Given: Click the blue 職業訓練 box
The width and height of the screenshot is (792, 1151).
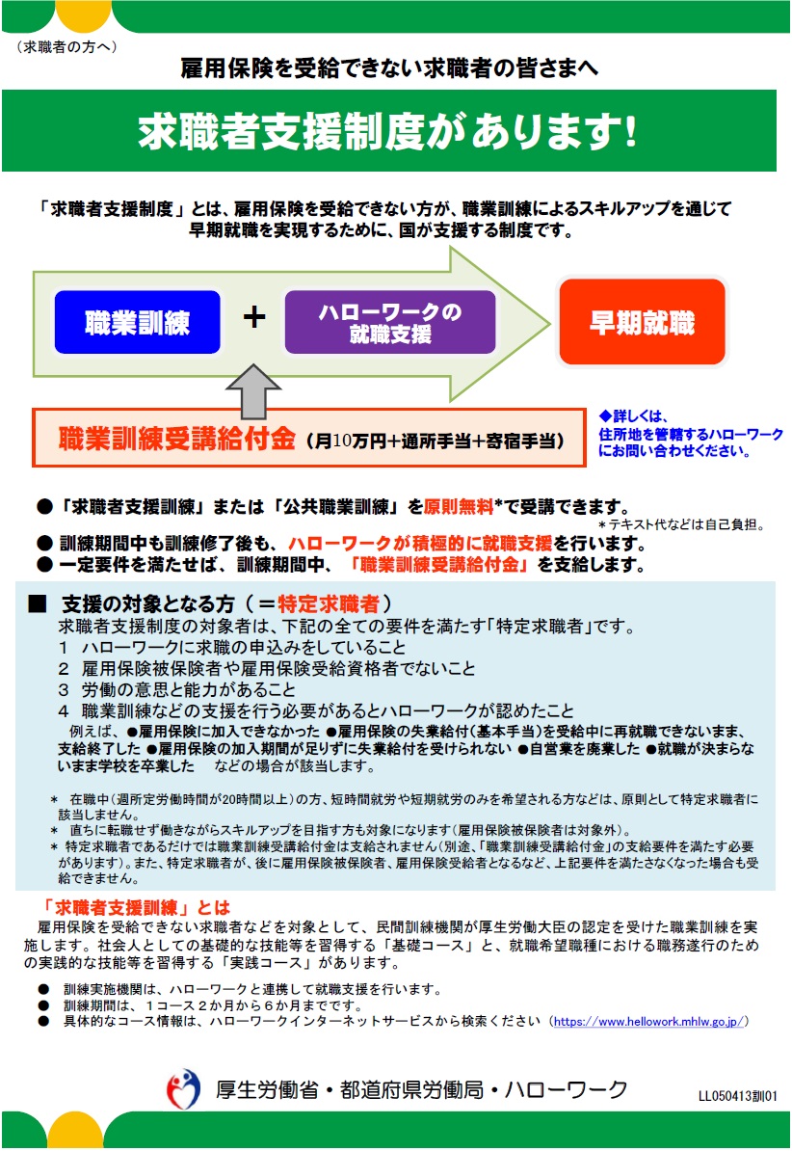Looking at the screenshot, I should tap(137, 321).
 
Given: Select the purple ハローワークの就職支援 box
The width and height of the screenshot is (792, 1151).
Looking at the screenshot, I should tap(390, 322).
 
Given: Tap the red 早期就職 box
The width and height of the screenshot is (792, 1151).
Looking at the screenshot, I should tap(642, 322).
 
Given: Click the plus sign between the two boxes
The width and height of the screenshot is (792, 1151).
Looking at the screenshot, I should tap(253, 317).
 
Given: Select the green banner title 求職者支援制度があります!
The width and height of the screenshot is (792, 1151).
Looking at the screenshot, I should tap(388, 131).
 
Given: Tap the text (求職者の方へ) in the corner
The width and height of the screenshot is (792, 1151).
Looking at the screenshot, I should tap(66, 46).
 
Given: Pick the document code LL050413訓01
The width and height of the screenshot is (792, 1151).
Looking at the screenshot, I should tap(737, 1096).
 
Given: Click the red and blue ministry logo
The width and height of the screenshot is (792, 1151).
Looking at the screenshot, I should tap(184, 1090).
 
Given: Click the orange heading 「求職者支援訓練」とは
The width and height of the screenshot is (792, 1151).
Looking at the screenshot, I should tap(137, 906).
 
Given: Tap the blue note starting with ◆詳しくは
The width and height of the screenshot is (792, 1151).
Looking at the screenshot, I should tap(690, 434).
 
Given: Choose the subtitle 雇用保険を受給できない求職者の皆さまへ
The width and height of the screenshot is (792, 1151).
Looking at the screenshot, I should tap(389, 67).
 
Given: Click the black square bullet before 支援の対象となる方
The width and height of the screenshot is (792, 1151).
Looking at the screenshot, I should tap(38, 604).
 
